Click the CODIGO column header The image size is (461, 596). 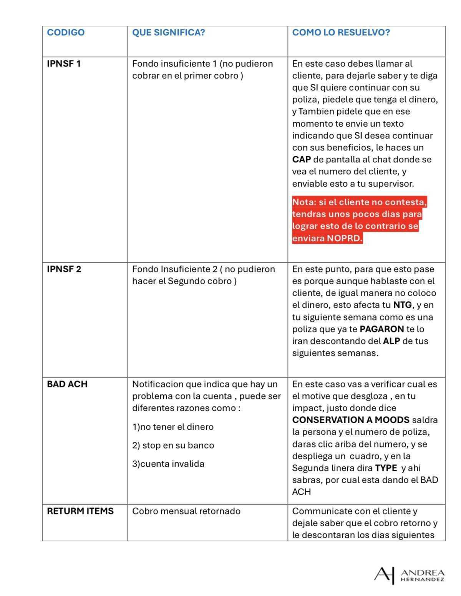tap(65, 32)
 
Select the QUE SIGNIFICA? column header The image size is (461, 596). tap(168, 32)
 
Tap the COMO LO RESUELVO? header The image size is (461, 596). tap(341, 32)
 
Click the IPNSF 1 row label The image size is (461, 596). tap(64, 64)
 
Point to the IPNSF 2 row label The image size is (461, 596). tap(64, 269)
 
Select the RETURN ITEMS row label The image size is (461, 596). tap(80, 511)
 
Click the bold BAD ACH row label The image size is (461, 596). tap(67, 384)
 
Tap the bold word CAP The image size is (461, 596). tap(301, 160)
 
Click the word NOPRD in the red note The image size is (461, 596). tap(344, 238)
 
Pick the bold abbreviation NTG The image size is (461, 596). tap(402, 305)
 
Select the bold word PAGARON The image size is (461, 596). tap(381, 329)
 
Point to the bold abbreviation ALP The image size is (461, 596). tap(391, 341)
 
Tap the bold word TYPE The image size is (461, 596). tap(386, 468)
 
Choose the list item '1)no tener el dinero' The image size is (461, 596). tap(173, 427)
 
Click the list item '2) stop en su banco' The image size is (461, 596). tap(173, 445)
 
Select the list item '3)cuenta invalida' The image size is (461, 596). tap(168, 464)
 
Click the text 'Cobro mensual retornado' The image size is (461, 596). tap(186, 511)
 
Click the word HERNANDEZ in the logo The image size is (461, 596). tap(423, 579)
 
